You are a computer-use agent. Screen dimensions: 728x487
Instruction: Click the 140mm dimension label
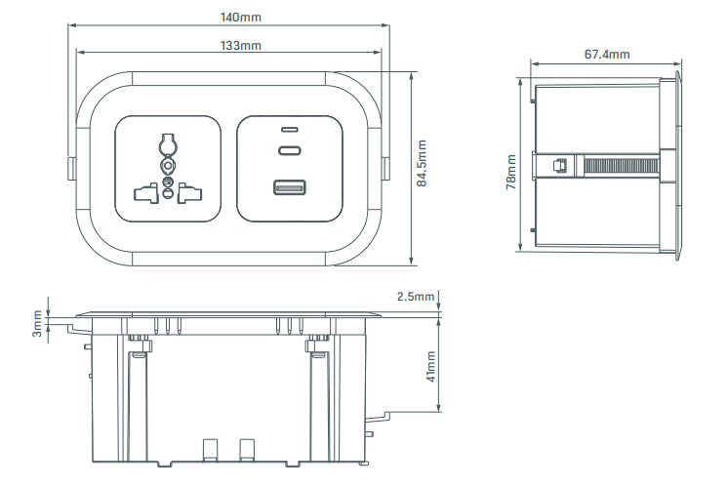pyautogui.click(x=240, y=18)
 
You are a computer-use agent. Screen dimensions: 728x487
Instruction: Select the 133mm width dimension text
pyautogui.click(x=240, y=46)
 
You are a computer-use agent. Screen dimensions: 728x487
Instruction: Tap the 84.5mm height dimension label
pyautogui.click(x=422, y=163)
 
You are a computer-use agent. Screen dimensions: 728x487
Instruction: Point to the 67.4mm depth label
pyautogui.click(x=607, y=55)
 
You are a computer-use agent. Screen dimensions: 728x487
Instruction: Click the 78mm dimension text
pyautogui.click(x=511, y=172)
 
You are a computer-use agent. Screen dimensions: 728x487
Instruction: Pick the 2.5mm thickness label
pyautogui.click(x=416, y=296)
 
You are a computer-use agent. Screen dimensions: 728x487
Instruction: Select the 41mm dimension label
pyautogui.click(x=431, y=367)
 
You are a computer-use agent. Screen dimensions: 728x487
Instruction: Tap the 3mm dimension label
pyautogui.click(x=37, y=323)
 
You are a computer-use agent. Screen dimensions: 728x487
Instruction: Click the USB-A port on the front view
pyautogui.click(x=289, y=188)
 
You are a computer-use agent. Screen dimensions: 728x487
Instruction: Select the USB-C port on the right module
pyautogui.click(x=290, y=150)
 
